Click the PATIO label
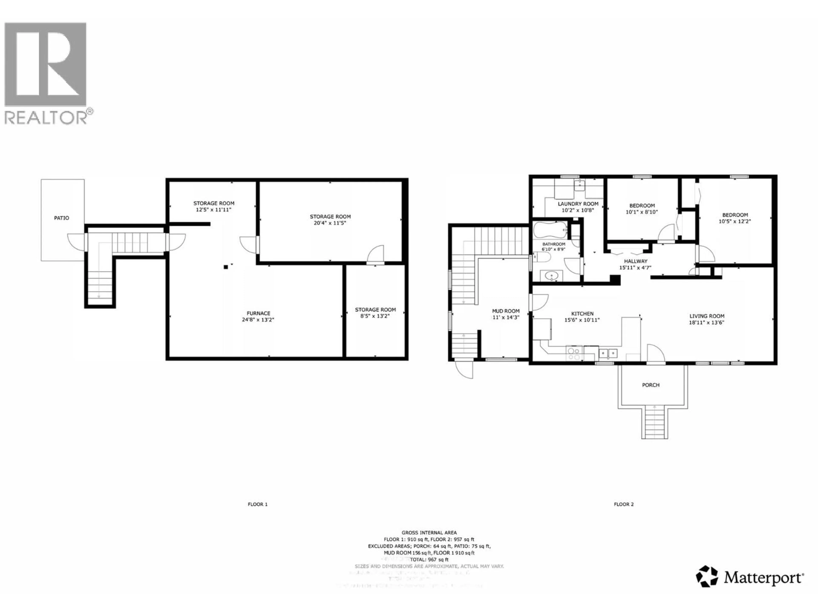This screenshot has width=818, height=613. [61, 218]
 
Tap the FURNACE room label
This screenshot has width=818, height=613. [258, 313]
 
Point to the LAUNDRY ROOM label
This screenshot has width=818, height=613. [578, 204]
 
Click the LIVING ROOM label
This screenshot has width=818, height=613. [707, 316]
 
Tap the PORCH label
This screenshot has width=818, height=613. [651, 385]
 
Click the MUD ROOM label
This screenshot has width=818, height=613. [505, 311]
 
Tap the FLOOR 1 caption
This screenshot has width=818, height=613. [257, 504]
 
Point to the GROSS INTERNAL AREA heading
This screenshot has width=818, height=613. [429, 533]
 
